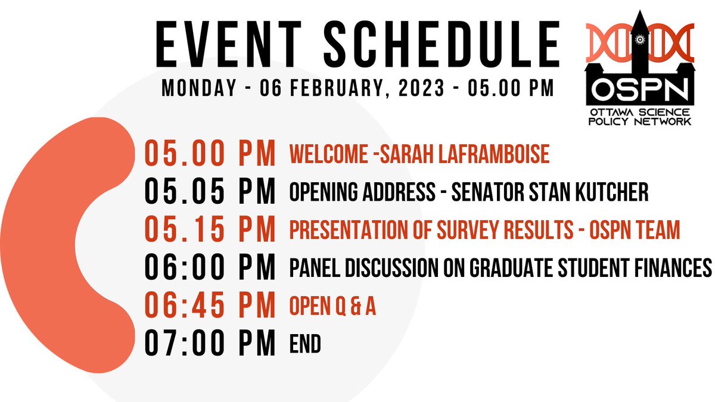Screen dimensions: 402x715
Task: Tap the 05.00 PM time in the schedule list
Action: pyautogui.click(x=210, y=154)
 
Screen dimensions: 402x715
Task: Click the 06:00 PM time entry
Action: pyautogui.click(x=210, y=268)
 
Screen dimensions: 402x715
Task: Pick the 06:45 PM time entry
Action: pyautogui.click(x=210, y=306)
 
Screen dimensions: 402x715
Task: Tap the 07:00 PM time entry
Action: pyautogui.click(x=210, y=344)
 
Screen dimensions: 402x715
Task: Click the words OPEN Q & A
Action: pyautogui.click(x=332, y=307)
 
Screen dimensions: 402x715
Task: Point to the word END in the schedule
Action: pyautogui.click(x=304, y=344)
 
